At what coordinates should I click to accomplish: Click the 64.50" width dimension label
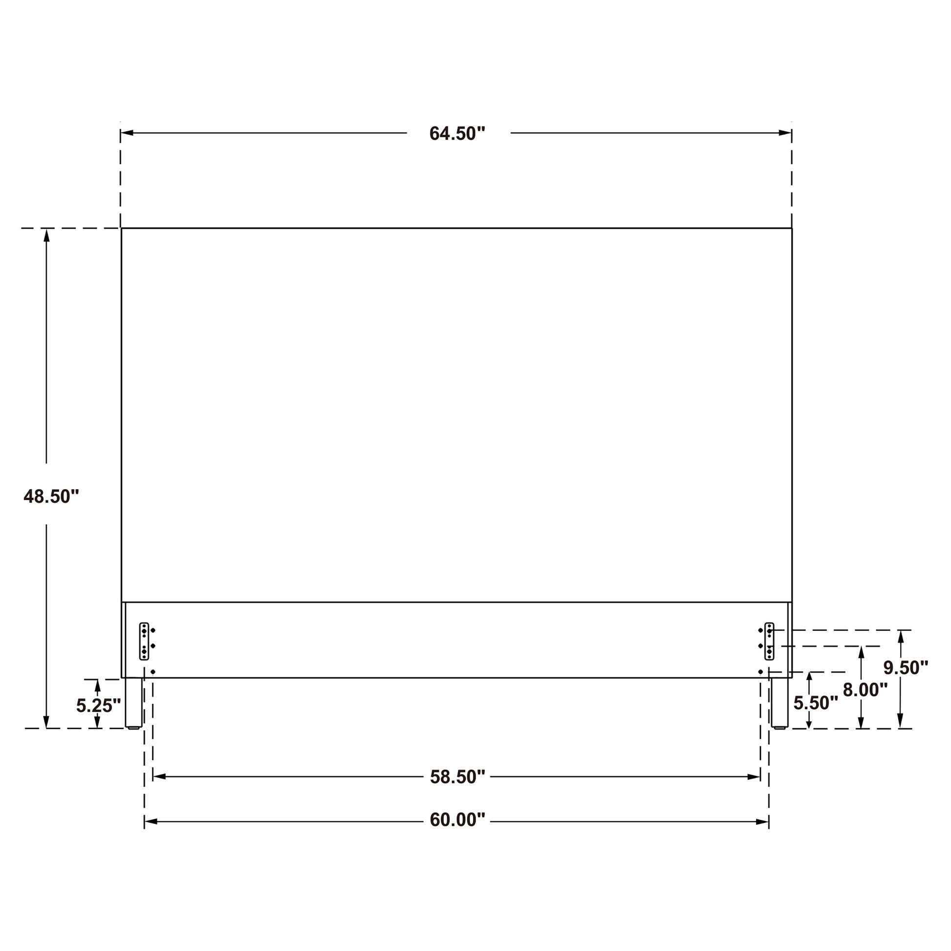click(457, 133)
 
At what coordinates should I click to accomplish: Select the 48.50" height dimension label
click(51, 496)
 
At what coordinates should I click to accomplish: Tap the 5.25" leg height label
click(98, 706)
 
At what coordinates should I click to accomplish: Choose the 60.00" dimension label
click(457, 820)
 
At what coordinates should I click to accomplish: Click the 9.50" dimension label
click(906, 668)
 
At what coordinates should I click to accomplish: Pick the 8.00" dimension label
click(865, 690)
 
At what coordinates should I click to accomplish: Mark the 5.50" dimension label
click(816, 703)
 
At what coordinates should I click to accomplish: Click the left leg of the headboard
click(133, 703)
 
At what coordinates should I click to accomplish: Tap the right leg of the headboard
click(779, 703)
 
